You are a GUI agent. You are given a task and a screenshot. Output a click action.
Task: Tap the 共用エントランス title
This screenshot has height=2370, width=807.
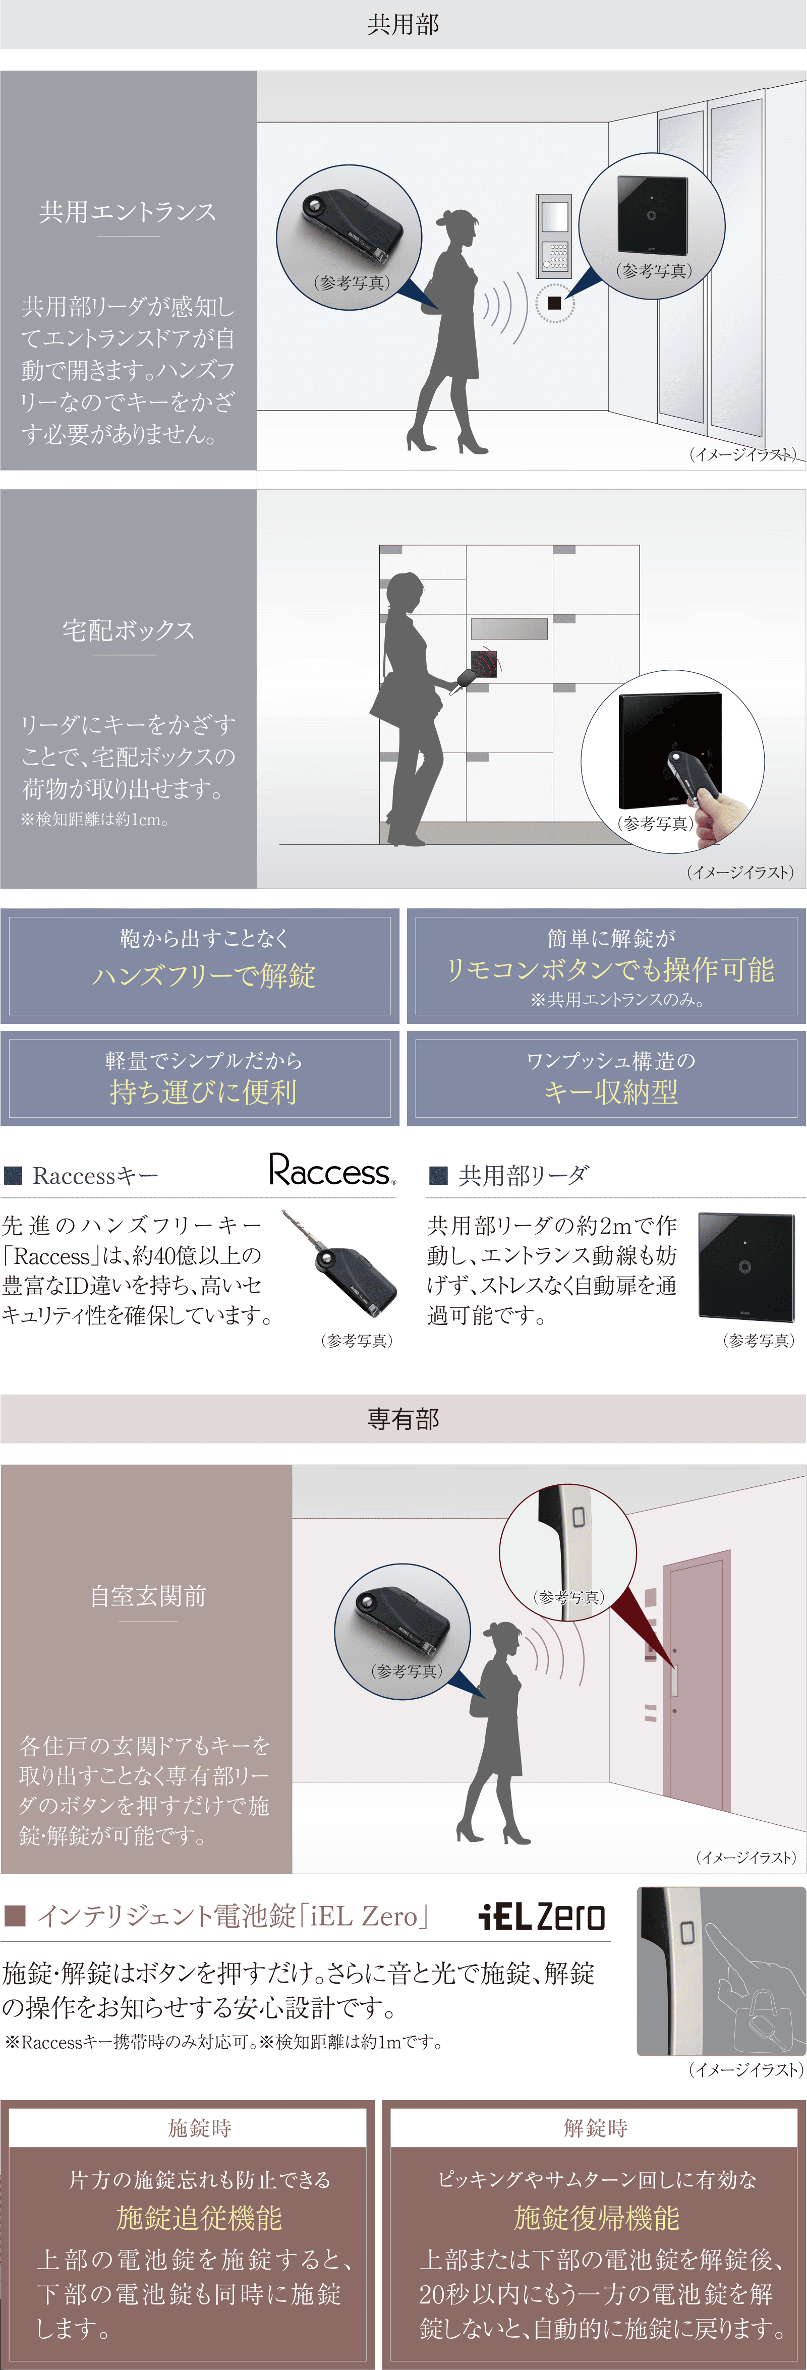pyautogui.click(x=128, y=212)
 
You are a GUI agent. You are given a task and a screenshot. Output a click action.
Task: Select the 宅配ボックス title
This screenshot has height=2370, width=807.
pyautogui.click(x=128, y=630)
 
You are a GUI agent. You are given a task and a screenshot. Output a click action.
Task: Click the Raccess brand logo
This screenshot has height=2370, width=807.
pyautogui.click(x=332, y=1170)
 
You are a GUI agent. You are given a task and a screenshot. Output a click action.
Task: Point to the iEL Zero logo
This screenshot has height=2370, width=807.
pyautogui.click(x=542, y=1917)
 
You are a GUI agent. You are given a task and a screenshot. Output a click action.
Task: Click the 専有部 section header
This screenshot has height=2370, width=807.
pyautogui.click(x=403, y=1419)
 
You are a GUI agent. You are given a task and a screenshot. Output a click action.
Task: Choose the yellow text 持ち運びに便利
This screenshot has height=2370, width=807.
pyautogui.click(x=203, y=1092)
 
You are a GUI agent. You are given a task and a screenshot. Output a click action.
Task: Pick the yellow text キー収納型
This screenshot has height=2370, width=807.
pyautogui.click(x=610, y=1092)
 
